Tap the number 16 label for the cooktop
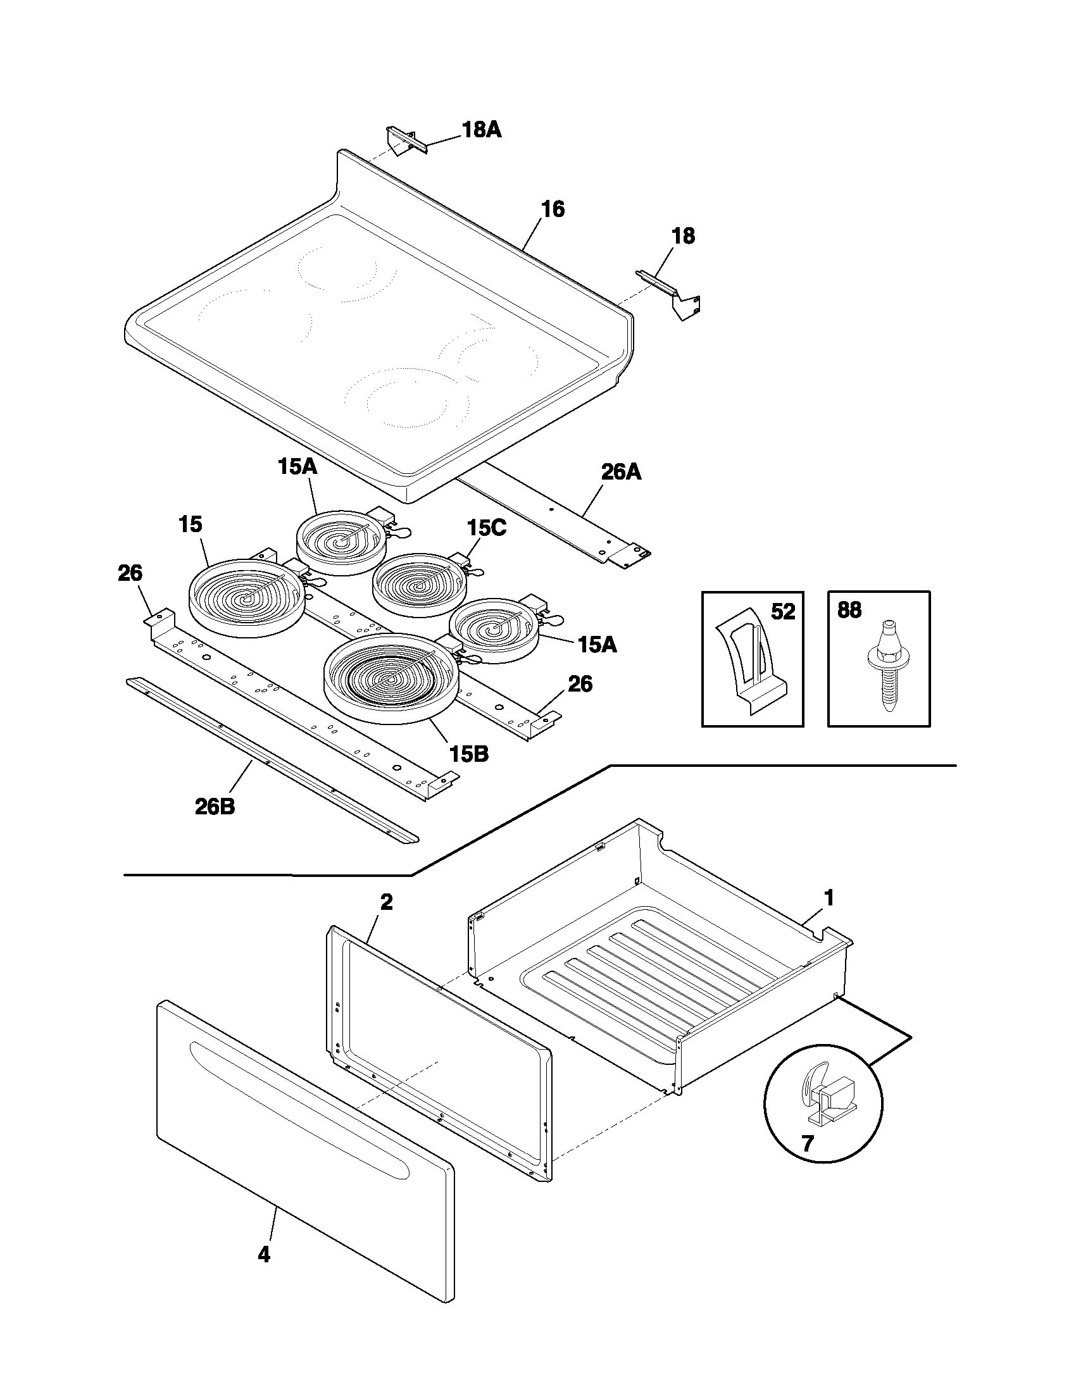(553, 209)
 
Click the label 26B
(215, 806)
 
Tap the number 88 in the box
(848, 611)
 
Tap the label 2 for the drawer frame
(386, 902)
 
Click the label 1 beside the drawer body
(829, 898)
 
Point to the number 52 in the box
(783, 612)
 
